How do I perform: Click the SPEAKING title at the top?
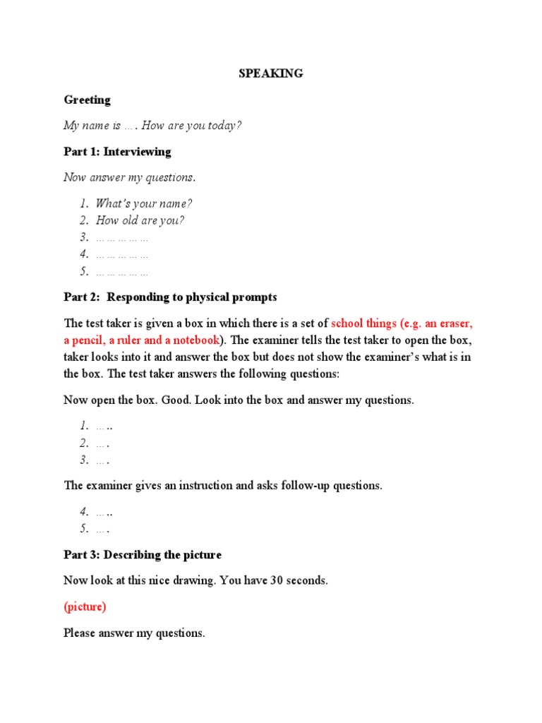(270, 73)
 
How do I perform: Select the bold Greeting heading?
(87, 100)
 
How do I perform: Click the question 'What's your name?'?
(144, 203)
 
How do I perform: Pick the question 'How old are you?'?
(140, 220)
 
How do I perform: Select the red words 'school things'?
(363, 323)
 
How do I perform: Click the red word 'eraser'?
(455, 323)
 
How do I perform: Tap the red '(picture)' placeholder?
(85, 607)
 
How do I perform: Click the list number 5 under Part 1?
(83, 271)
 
